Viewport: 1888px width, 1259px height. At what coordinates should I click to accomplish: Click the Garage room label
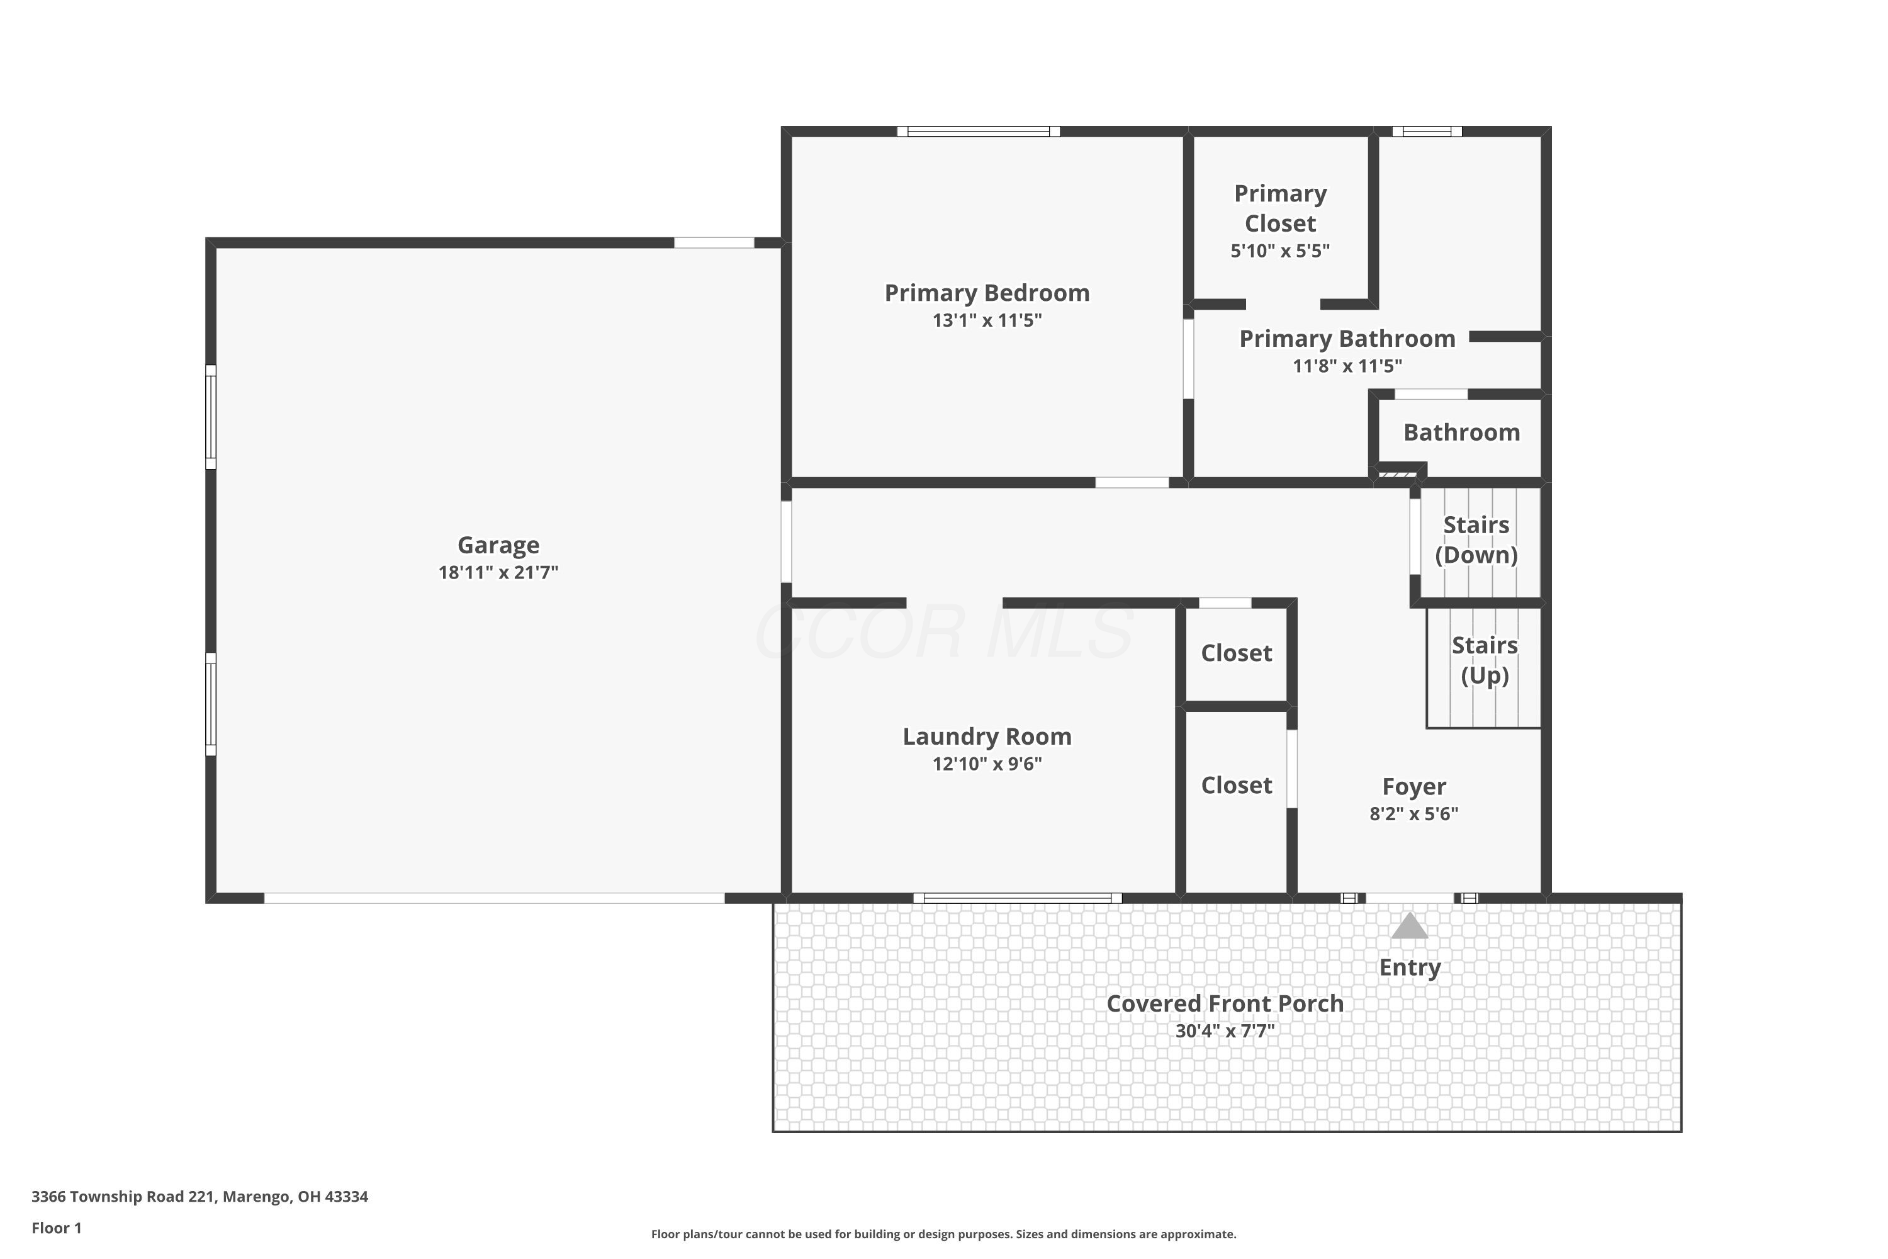498,545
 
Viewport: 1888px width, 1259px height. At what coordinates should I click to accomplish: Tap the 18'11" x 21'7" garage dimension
498,572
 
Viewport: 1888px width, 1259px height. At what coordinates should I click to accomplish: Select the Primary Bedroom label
987,293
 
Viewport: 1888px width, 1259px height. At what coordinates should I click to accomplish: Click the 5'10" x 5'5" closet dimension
1279,251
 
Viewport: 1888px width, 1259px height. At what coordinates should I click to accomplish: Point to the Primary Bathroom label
1347,339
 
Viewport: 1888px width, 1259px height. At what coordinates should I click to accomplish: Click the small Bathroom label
1461,433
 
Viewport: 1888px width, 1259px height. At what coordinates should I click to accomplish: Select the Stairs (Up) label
1483,660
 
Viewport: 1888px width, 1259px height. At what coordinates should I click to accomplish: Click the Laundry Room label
987,737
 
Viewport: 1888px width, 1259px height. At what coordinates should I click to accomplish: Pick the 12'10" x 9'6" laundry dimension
987,764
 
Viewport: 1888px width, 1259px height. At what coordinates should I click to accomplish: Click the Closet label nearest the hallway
1236,653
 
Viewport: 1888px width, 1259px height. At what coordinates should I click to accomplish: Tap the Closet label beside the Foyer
1236,785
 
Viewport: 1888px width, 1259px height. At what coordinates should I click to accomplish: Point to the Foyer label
1413,786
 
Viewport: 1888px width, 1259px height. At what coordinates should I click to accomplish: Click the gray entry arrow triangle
1410,927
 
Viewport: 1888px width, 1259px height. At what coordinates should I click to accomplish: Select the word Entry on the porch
1410,968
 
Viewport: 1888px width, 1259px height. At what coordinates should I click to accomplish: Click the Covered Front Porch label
1225,1003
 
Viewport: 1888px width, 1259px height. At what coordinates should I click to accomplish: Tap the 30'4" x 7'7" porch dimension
1225,1031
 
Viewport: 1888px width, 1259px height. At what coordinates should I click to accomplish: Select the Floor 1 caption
56,1228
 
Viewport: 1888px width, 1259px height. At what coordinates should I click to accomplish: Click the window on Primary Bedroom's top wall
978,132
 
